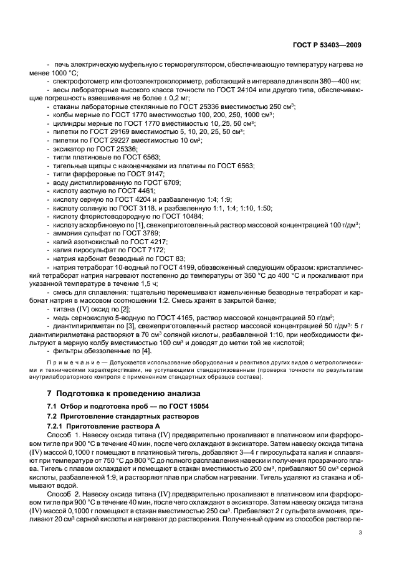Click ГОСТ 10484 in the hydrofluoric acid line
click(x=176, y=215)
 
